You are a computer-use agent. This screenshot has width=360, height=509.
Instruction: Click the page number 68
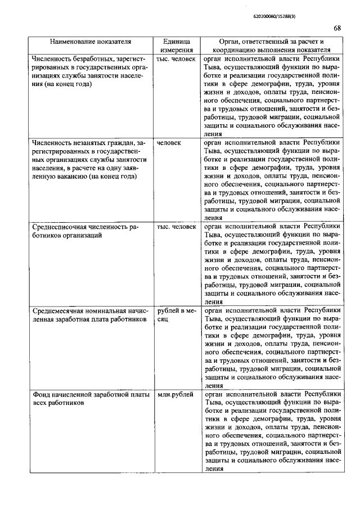point(337,28)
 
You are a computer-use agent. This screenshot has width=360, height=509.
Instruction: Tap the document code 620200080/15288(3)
point(271,16)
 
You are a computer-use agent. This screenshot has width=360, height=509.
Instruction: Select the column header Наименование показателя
point(91,41)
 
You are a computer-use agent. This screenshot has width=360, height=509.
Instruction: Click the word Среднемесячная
point(59,310)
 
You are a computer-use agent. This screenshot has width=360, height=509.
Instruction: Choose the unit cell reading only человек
point(169,143)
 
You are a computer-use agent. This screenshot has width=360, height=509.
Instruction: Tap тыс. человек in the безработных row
point(176,58)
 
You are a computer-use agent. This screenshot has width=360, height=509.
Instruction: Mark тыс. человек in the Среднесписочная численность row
point(176,227)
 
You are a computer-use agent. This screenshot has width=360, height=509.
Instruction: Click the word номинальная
point(107,310)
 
